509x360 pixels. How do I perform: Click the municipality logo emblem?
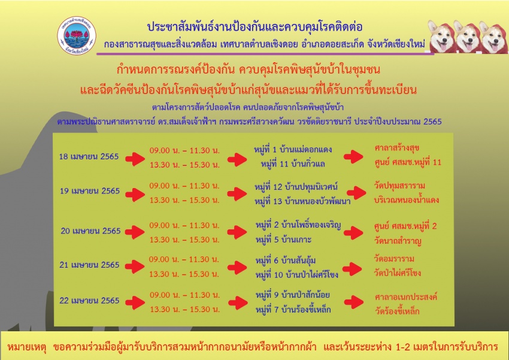click(77, 36)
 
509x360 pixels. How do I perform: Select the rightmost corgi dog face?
click(493, 38)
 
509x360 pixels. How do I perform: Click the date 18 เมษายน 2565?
click(89, 157)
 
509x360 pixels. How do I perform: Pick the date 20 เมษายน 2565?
click(90, 231)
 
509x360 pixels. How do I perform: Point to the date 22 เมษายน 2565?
click(89, 301)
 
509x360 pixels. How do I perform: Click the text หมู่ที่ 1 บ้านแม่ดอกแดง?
click(293, 150)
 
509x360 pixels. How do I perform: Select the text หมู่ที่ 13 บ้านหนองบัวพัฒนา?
click(302, 202)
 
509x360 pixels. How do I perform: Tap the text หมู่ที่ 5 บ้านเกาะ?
click(283, 240)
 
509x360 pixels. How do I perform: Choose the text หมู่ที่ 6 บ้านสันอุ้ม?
click(285, 261)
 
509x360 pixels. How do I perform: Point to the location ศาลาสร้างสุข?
click(396, 149)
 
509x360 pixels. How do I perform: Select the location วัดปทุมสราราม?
click(399, 186)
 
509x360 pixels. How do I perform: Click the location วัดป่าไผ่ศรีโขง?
click(398, 273)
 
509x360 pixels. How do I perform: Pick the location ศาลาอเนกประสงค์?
click(406, 297)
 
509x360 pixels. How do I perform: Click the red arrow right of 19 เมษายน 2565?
click(135, 195)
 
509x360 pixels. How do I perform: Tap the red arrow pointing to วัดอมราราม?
click(352, 269)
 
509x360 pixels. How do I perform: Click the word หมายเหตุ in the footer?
click(27, 347)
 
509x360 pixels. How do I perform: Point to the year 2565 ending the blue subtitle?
click(432, 122)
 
